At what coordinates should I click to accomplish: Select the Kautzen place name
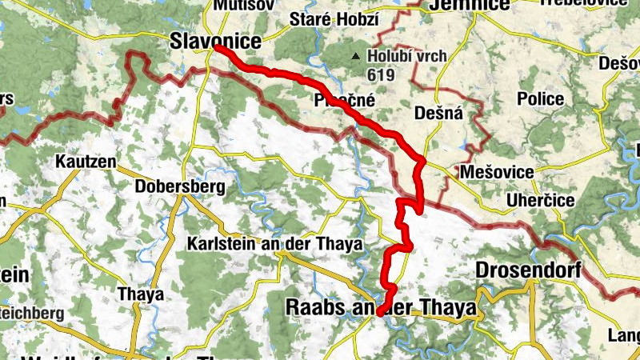coord(86,162)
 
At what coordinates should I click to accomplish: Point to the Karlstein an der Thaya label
coord(275,244)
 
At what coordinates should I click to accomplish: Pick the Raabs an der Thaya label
coord(381,307)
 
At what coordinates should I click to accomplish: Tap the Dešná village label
coord(439,114)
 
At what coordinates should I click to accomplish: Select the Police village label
coord(540,99)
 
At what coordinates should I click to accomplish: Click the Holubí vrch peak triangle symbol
coord(356,56)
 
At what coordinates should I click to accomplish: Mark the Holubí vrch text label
coord(406,57)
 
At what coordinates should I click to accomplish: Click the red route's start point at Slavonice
coord(217,49)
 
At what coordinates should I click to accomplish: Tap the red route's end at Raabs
coord(380,314)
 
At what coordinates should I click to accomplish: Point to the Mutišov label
coord(236,4)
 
